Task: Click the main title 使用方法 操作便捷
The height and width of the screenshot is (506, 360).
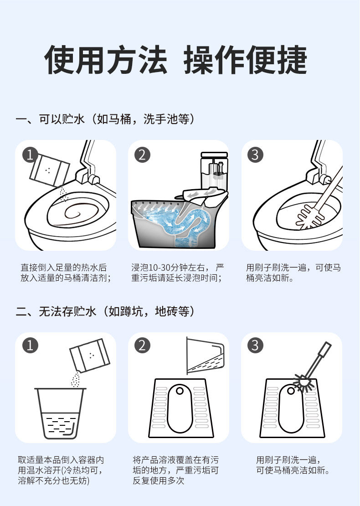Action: coord(176,60)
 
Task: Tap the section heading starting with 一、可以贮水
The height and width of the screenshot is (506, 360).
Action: coord(105,119)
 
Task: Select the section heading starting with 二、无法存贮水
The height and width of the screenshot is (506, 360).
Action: coord(105,311)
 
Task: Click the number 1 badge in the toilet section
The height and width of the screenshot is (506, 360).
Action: coord(30,155)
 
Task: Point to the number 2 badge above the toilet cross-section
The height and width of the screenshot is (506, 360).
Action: coord(142,155)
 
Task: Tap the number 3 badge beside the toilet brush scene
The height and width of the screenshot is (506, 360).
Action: coord(255,155)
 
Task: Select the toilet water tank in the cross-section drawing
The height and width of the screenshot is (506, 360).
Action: coord(214,171)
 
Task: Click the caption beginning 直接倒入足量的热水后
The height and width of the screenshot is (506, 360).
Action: coord(66,273)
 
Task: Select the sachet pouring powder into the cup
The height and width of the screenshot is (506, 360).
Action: coord(90,355)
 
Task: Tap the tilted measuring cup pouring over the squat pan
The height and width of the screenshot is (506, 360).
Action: coord(205,356)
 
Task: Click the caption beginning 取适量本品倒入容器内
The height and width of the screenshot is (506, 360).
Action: coord(61,470)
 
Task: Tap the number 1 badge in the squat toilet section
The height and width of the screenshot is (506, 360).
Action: coord(30,345)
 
